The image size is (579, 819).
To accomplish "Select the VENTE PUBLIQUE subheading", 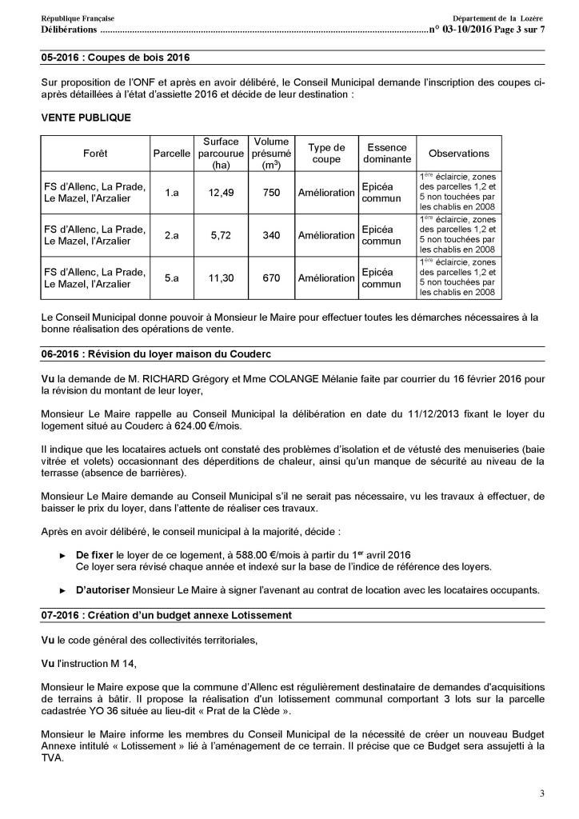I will [86, 118].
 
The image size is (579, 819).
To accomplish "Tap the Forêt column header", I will [94, 153].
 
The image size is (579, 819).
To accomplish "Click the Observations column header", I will [459, 153].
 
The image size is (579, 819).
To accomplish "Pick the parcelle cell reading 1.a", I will [171, 192].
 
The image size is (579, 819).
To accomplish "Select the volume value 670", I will [271, 278].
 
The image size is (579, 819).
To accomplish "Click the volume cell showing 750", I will [271, 192].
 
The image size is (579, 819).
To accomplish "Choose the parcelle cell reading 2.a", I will [171, 235].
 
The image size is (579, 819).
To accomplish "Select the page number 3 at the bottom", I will [541, 793].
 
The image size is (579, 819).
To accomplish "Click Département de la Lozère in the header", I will [497, 18].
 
